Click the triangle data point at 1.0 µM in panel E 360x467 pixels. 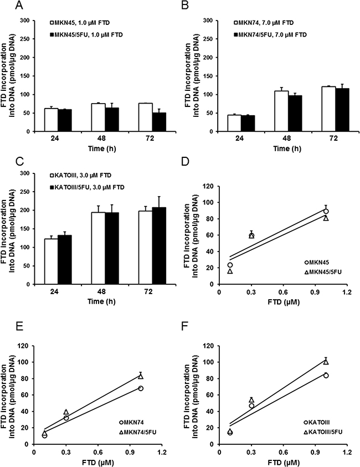(141, 376)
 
